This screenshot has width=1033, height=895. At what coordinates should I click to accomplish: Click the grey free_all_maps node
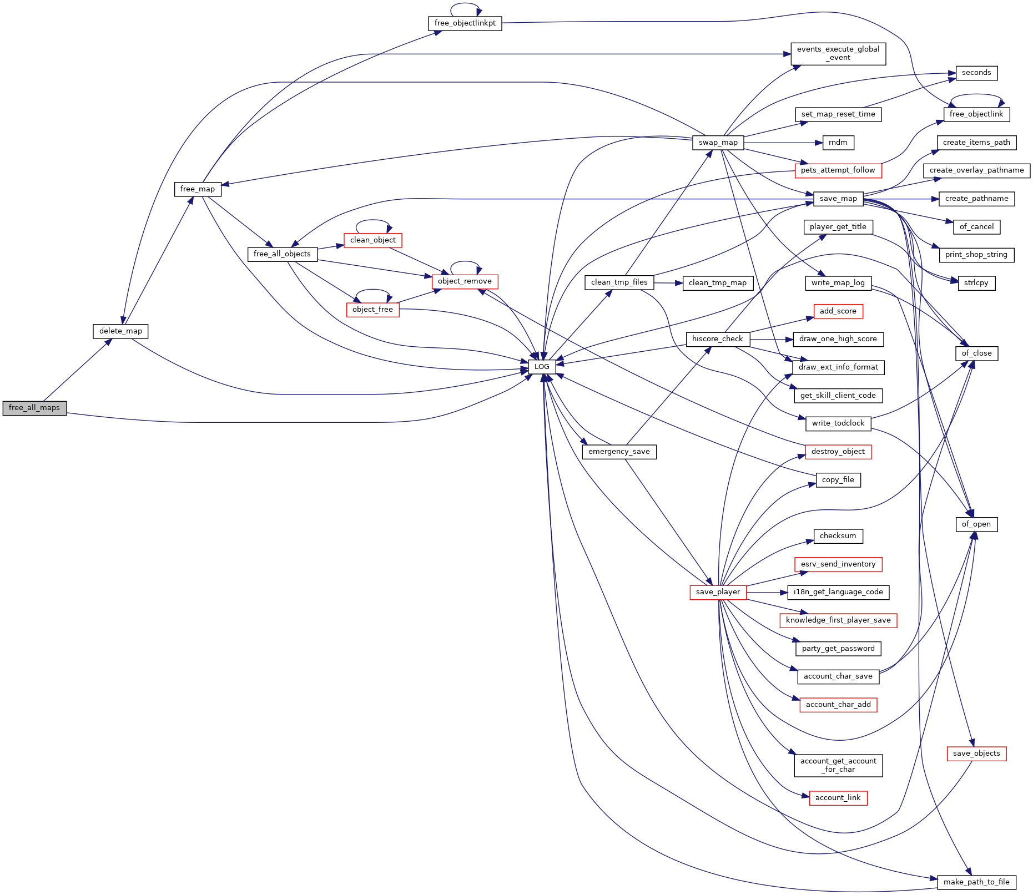click(34, 408)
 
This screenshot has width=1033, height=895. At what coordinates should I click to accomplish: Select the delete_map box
click(120, 331)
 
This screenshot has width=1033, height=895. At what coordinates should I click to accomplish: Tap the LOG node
click(542, 367)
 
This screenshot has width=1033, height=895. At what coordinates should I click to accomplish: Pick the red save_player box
click(718, 592)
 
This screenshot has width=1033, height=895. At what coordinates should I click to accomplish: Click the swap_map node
click(718, 143)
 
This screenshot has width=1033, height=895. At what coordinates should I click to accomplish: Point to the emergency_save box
click(619, 452)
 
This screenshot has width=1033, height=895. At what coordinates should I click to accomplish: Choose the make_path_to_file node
click(976, 882)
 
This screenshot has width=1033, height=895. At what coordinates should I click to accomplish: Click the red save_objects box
click(976, 754)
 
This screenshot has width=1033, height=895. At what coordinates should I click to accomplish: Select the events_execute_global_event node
click(838, 54)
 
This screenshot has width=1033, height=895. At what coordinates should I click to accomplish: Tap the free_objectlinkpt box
click(465, 23)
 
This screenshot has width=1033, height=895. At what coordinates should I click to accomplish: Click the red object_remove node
click(465, 281)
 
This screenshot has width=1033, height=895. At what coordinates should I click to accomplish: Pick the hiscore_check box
click(718, 339)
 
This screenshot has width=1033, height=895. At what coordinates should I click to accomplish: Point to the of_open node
click(976, 524)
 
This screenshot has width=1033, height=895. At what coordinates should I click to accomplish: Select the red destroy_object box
click(838, 452)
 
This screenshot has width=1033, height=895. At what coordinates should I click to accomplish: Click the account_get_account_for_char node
click(838, 766)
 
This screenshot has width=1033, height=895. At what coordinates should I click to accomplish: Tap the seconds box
click(976, 73)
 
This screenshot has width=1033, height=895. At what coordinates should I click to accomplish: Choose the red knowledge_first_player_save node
click(838, 620)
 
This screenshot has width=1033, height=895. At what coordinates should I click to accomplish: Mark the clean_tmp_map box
click(718, 283)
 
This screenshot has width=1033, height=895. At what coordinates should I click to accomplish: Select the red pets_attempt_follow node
click(838, 170)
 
